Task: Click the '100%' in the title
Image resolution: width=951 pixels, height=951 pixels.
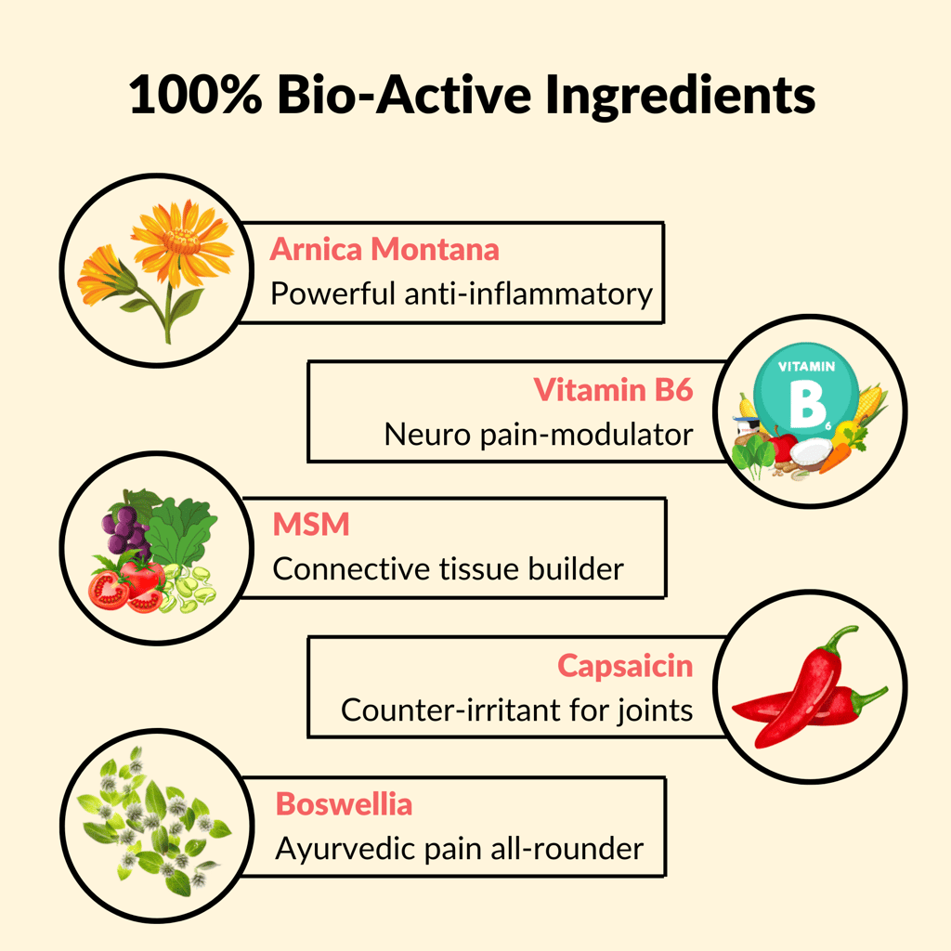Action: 196,96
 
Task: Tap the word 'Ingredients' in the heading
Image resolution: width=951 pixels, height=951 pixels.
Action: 680,97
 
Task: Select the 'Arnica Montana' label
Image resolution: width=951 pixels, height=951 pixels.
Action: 384,249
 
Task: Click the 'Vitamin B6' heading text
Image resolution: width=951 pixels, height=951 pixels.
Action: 613,389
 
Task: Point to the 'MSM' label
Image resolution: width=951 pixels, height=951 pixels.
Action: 311,524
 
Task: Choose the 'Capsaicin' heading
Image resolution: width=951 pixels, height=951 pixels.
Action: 625,666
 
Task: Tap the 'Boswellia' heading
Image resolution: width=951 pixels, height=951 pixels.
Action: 344,804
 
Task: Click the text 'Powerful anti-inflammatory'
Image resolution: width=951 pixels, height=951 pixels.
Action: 462,293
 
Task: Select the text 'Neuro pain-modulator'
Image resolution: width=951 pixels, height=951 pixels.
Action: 539,435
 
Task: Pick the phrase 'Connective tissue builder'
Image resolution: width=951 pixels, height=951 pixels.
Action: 449,569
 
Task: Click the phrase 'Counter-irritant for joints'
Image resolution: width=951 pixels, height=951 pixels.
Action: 516,710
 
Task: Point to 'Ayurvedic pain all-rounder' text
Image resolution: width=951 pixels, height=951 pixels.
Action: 460,849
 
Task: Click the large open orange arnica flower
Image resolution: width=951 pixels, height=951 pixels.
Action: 181,241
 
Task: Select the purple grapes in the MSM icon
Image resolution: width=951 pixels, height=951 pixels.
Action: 125,530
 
